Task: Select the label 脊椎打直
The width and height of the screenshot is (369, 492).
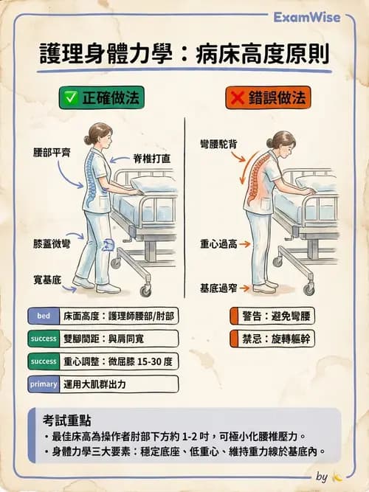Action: point(152,158)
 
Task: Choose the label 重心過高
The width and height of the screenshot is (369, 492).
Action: point(218,243)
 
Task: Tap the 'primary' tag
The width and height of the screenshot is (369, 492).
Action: point(43,384)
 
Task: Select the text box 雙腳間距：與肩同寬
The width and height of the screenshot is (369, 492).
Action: point(118,339)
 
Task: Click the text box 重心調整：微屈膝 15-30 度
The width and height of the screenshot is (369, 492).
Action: point(118,361)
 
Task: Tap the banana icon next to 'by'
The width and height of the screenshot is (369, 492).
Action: point(337,477)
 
